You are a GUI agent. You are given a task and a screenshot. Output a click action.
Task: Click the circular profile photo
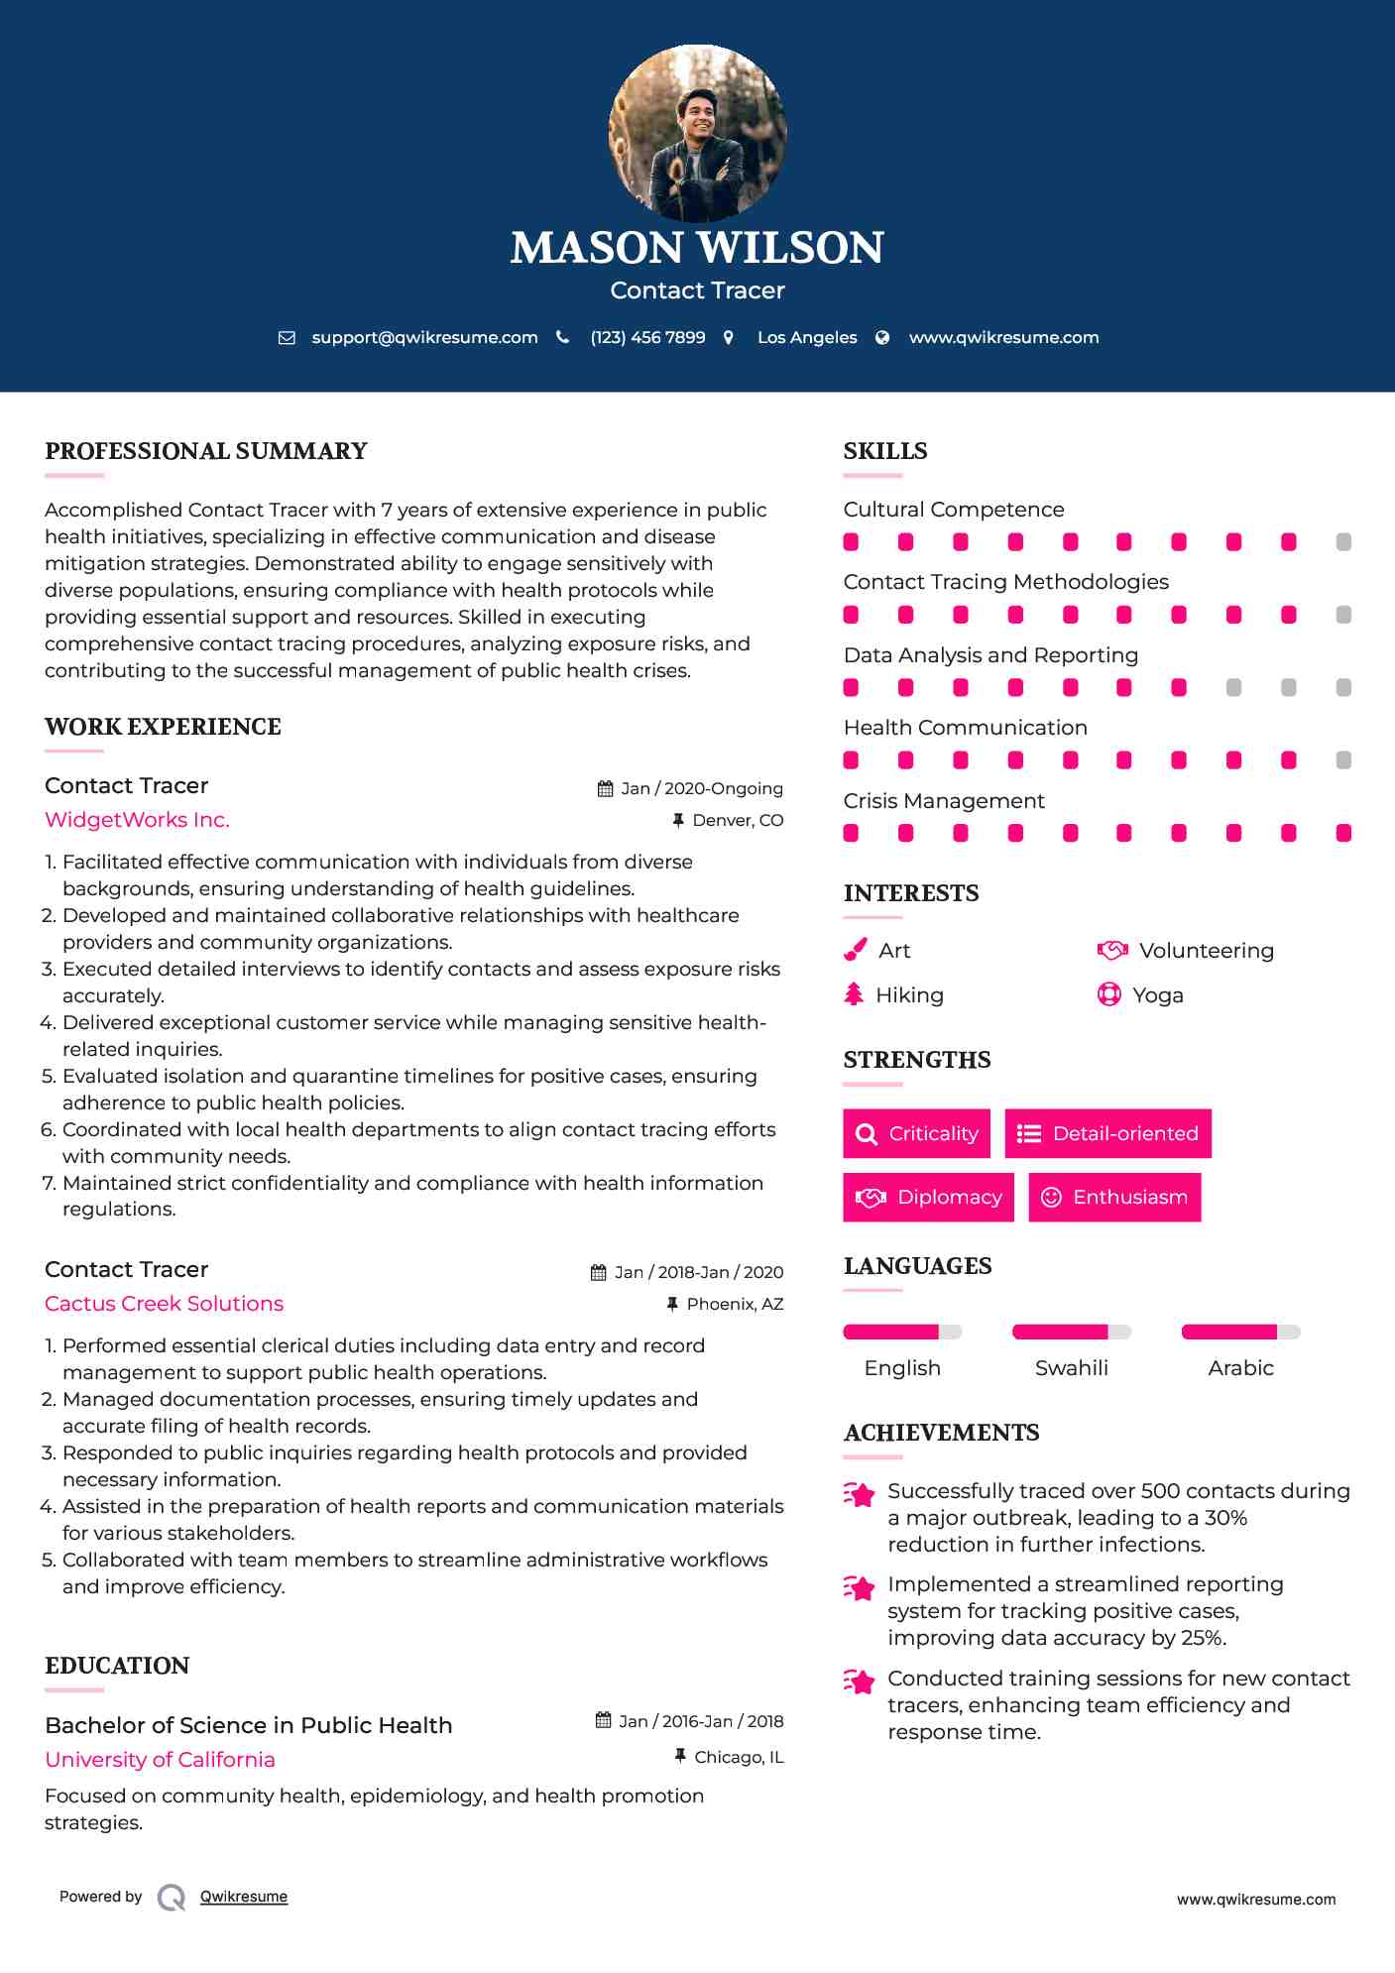click(697, 133)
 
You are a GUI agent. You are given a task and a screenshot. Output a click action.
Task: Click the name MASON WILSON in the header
click(697, 248)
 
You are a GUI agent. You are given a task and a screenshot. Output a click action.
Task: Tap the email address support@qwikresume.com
click(424, 337)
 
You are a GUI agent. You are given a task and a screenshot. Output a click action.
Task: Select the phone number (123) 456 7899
click(647, 337)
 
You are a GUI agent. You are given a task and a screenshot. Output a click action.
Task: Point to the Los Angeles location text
click(807, 337)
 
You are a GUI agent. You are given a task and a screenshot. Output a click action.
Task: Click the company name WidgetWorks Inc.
click(137, 820)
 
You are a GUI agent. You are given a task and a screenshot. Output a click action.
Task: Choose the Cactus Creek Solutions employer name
click(164, 1304)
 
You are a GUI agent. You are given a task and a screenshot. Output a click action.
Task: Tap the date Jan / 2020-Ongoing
click(701, 788)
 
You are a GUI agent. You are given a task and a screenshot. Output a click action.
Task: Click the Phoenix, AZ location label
click(735, 1304)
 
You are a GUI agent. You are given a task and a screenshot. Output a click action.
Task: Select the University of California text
click(160, 1760)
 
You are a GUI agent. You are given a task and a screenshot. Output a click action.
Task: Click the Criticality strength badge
click(916, 1133)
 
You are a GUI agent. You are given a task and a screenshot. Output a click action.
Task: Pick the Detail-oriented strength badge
click(1107, 1133)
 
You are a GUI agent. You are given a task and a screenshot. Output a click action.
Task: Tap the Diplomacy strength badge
click(928, 1197)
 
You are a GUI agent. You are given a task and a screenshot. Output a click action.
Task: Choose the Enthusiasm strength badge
click(1114, 1197)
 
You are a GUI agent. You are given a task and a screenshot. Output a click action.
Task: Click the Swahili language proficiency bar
click(1071, 1332)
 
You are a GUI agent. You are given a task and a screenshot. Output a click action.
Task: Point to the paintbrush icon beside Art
click(855, 950)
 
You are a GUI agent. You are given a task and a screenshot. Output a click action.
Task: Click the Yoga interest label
click(1158, 994)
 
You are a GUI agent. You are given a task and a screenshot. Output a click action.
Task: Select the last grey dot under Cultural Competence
click(1343, 541)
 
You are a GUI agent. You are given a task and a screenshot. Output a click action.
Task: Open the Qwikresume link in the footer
click(244, 1897)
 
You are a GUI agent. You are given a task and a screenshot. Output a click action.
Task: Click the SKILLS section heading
click(885, 451)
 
